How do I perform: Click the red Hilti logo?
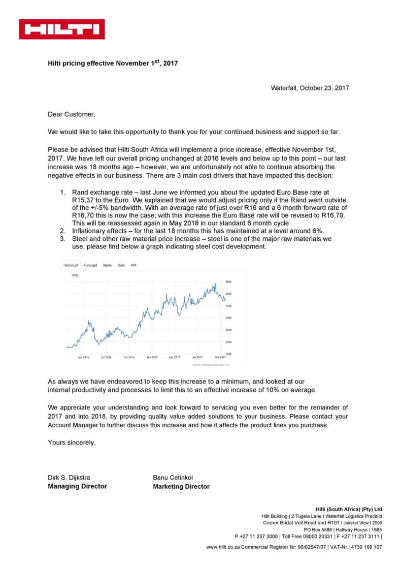click(62, 29)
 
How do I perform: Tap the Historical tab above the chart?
click(71, 265)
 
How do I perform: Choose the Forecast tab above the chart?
click(90, 265)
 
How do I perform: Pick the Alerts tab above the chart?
click(107, 265)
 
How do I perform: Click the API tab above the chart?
click(133, 265)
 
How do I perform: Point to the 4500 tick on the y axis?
click(228, 281)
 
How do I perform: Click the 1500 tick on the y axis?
click(228, 354)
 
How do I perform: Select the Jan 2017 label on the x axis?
click(152, 357)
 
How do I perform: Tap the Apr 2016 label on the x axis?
click(83, 357)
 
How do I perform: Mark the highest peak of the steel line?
click(216, 283)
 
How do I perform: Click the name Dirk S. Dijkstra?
click(70, 477)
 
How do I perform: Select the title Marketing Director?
click(181, 486)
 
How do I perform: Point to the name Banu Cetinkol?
click(173, 477)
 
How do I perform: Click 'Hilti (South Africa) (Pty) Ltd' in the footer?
click(348, 509)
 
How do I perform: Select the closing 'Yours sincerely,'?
click(72, 442)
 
